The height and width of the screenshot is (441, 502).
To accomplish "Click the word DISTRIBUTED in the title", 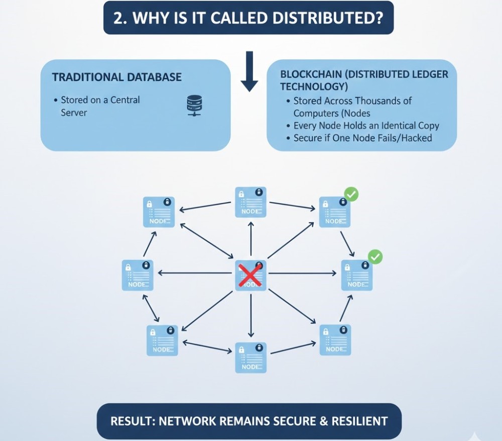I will pos(323,18).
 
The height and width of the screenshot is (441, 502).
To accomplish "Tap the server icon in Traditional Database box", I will pos(193,104).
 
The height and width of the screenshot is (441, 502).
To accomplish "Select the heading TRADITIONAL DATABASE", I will pos(117,77).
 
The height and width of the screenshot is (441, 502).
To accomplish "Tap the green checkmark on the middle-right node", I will pos(374,257).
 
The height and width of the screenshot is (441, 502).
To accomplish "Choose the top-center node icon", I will pos(250,202).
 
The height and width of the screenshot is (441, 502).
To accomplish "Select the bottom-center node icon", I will pos(250,358).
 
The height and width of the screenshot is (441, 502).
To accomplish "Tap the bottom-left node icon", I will pos(162,340).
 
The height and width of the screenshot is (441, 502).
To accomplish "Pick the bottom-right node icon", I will pos(335,340).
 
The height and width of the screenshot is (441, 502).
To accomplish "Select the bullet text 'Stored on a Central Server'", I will pos(100,106).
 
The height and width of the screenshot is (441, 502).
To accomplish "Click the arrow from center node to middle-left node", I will pos(196,273).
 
